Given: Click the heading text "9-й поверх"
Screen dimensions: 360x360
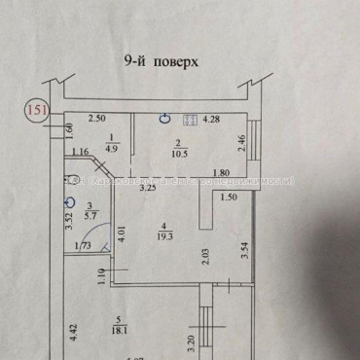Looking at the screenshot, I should (162, 60).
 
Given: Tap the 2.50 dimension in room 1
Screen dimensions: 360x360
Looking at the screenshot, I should (97, 119).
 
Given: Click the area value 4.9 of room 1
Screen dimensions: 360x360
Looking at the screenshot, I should (112, 149).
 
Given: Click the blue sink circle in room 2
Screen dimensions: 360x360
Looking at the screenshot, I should (165, 118).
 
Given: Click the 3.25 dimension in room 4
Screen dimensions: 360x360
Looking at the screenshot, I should (150, 188).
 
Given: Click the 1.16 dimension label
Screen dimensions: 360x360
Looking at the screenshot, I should (81, 152).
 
